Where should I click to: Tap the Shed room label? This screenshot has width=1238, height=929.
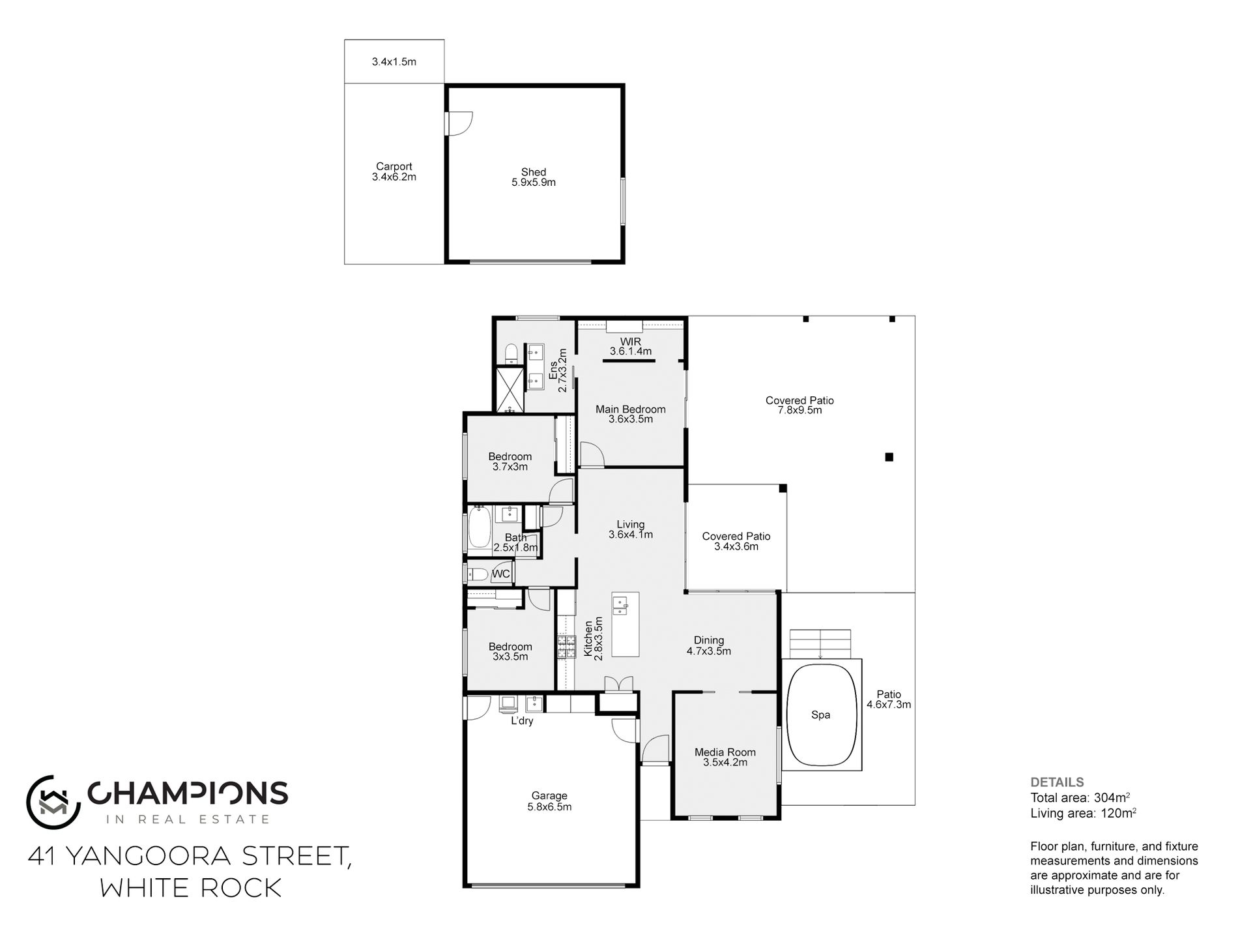pos(533,172)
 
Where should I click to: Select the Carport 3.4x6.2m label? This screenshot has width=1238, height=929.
pos(394,171)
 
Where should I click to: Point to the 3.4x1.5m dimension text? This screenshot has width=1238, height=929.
pos(394,62)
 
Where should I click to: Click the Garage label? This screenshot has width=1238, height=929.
pos(549,795)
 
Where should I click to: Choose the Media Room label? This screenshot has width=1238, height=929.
pos(725,752)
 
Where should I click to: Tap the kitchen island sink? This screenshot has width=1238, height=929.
pos(620,606)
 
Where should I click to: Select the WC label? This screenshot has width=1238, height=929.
pos(500,574)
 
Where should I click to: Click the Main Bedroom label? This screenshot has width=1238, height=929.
pos(630,409)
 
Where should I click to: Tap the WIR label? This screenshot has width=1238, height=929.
pos(630,342)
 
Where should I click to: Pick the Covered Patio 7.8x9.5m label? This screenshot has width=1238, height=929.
pos(799,406)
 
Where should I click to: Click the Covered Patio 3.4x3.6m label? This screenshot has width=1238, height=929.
pos(736,541)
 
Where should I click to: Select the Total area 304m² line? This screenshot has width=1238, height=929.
pos(1080,797)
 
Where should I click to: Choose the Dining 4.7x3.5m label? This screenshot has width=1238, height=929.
pos(708,645)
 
